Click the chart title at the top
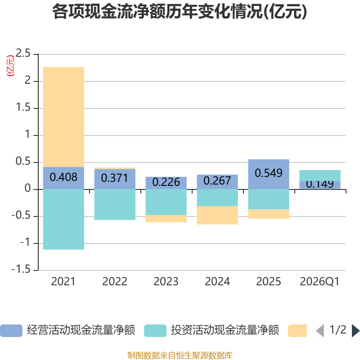[180, 12]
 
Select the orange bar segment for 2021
[63, 117]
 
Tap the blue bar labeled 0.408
[63, 178]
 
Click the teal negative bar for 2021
[63, 219]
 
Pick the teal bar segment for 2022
[115, 205]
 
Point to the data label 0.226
[166, 182]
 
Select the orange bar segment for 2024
[217, 215]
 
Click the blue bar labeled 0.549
[269, 174]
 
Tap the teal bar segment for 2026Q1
[320, 175]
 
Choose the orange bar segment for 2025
[269, 214]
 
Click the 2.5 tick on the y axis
[23, 54]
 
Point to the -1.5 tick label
[21, 269]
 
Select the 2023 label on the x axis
[166, 282]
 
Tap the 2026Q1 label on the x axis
[319, 282]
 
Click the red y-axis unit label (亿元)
[10, 66]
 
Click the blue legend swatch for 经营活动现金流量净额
[11, 331]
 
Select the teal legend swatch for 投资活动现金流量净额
[155, 331]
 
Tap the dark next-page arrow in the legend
[355, 331]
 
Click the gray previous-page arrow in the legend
[320, 331]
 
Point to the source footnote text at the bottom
[180, 355]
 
